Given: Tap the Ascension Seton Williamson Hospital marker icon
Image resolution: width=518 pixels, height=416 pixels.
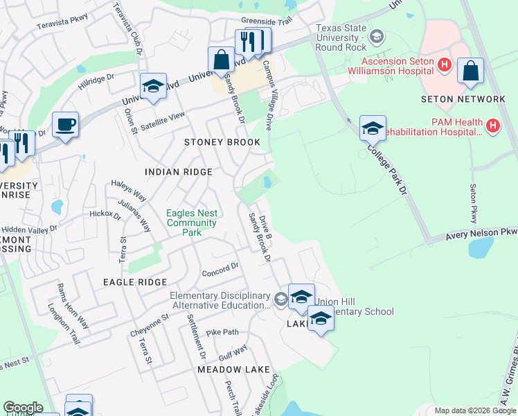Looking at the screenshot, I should (x=445, y=65).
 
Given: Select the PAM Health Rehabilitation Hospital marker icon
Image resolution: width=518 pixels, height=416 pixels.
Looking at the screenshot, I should (x=492, y=126).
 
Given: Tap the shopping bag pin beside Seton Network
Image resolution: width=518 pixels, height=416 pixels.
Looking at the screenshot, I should (x=470, y=71).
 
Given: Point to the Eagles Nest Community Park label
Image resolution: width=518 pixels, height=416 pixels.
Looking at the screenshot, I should (x=192, y=223).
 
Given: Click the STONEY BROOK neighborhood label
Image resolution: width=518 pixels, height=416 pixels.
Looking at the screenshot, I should (x=222, y=142).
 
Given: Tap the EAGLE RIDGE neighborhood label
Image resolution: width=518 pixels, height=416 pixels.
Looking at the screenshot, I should (x=135, y=282).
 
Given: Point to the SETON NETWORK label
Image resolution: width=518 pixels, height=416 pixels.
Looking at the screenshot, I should (x=463, y=99).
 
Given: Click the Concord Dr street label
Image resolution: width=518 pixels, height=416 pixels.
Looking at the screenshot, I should (x=220, y=268).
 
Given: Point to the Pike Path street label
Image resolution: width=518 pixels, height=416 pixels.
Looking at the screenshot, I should (x=222, y=332).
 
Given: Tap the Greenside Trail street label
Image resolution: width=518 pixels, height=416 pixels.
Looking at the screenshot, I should (x=267, y=21).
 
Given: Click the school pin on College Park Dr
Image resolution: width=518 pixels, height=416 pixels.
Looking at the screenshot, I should (x=373, y=128).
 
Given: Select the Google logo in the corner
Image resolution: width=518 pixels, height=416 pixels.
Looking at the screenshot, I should (x=22, y=408).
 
